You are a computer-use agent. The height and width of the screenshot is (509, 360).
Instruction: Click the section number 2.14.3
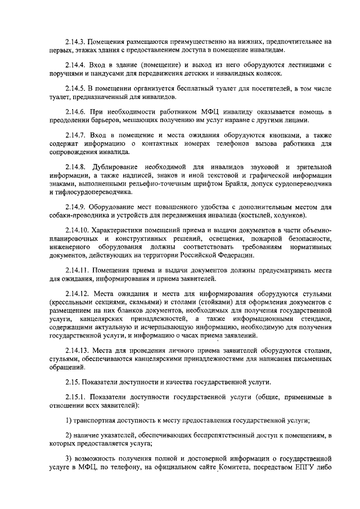pos(76,41)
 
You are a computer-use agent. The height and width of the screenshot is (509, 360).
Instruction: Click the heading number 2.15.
pos(73,382)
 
